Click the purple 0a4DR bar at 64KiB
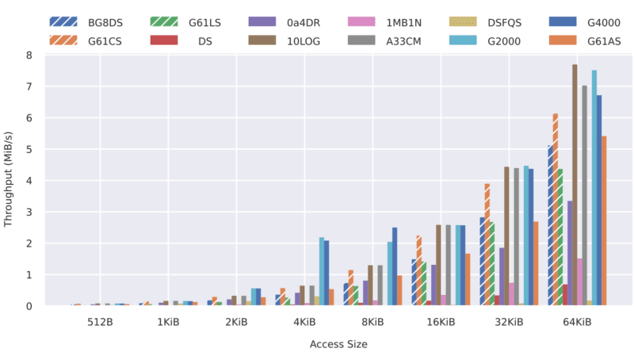pyautogui.click(x=570, y=253)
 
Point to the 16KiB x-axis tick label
pyautogui.click(x=441, y=323)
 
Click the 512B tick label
pyautogui.click(x=99, y=323)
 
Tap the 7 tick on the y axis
pyautogui.click(x=29, y=86)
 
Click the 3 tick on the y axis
pyautogui.click(x=29, y=213)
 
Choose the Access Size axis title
pyautogui.click(x=338, y=345)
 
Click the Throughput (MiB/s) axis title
pyautogui.click(x=10, y=180)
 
